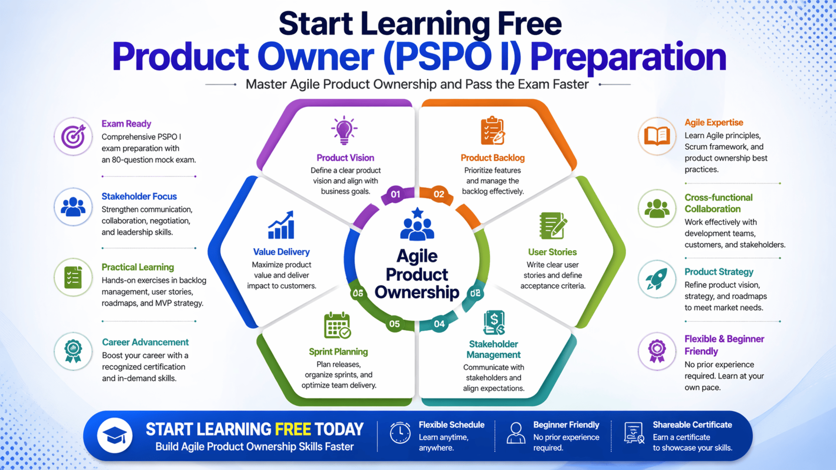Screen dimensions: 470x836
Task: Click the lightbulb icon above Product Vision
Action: tap(344, 130)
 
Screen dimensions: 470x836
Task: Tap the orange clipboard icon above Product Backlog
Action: tap(492, 131)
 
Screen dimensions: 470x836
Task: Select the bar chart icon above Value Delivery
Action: tap(281, 225)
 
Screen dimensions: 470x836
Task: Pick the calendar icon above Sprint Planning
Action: tap(337, 326)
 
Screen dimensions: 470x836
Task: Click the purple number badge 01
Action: tap(395, 194)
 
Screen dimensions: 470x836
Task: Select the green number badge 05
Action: tap(394, 324)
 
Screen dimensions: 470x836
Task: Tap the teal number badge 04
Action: tap(439, 324)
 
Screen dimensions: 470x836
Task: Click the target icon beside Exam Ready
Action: tap(73, 136)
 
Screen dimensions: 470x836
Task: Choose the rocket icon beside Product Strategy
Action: tap(657, 279)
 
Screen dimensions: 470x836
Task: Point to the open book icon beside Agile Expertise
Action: tap(657, 136)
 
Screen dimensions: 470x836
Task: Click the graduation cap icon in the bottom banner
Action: tap(115, 436)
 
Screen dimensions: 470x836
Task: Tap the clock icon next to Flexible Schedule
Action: tap(400, 433)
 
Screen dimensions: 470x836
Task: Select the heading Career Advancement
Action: tap(145, 342)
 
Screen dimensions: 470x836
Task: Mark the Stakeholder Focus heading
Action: tap(139, 196)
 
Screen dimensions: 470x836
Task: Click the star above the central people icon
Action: tap(418, 213)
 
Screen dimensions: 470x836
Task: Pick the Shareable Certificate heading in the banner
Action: tap(692, 425)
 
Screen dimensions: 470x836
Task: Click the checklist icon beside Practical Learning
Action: tap(73, 278)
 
